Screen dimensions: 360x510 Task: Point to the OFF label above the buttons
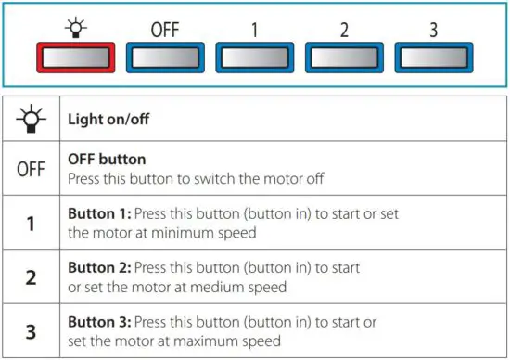[x=164, y=28]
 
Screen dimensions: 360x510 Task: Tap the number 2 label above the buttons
[x=344, y=28]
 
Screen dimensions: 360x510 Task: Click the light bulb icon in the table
[x=32, y=119]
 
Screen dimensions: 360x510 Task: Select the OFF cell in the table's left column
[x=32, y=169]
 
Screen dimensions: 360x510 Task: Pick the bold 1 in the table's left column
[x=32, y=224]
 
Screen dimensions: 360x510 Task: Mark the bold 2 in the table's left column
[x=32, y=277]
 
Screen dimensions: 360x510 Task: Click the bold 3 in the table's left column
[x=32, y=331]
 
